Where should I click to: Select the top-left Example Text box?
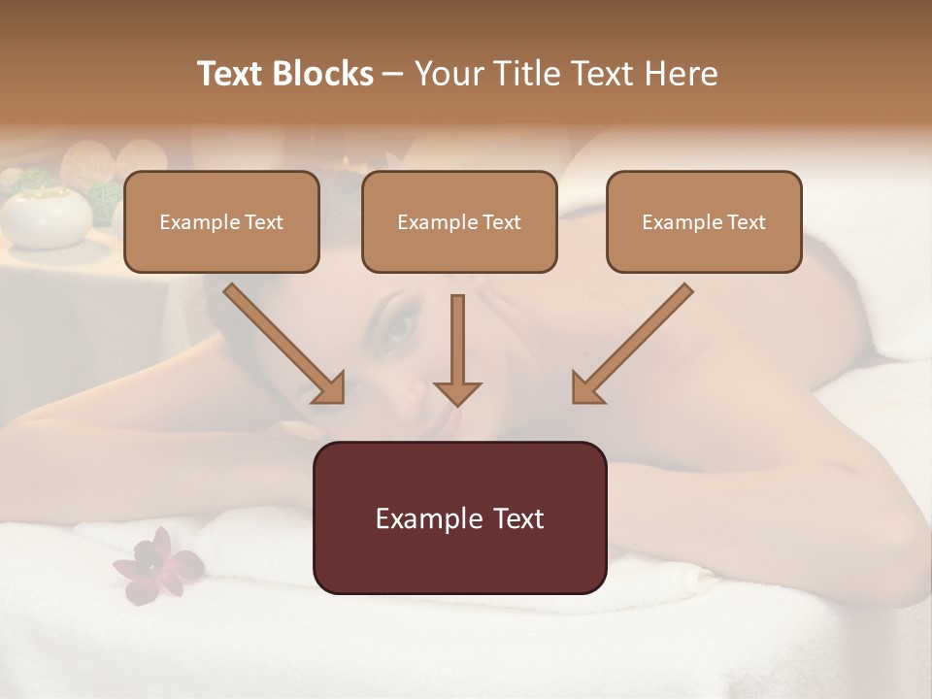[x=221, y=221]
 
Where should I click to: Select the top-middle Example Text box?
[x=459, y=221]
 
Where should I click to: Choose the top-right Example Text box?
[x=704, y=221]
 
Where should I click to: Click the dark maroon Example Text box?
[x=459, y=517]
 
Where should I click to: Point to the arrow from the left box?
[x=284, y=344]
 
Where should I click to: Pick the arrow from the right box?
[x=632, y=344]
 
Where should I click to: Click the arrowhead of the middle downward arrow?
[x=457, y=392]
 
